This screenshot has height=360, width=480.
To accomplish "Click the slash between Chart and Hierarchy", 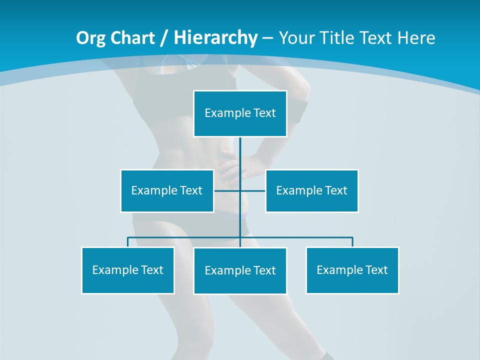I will pyautogui.click(x=164, y=38).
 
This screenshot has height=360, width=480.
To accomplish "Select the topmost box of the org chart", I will pyautogui.click(x=240, y=113).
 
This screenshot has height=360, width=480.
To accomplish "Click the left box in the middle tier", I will pyautogui.click(x=167, y=190).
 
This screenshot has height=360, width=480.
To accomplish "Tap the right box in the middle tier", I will pyautogui.click(x=311, y=190).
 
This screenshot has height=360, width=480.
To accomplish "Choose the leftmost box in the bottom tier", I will pyautogui.click(x=127, y=270).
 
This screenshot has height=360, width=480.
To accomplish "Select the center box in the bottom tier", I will pyautogui.click(x=240, y=270).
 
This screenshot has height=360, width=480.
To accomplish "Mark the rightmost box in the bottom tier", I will pyautogui.click(x=352, y=270).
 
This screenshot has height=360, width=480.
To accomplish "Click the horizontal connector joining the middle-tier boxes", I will pyautogui.click(x=252, y=190).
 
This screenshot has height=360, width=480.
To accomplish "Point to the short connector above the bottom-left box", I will pyautogui.click(x=128, y=242).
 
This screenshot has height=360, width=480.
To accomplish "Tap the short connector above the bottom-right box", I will pyautogui.click(x=352, y=242).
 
